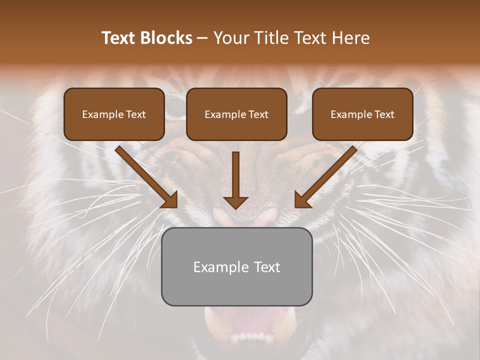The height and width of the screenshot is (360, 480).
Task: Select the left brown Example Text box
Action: (114, 114)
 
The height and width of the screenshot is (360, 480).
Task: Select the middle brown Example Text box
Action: (236, 114)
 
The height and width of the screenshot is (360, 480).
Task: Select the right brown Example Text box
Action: (362, 114)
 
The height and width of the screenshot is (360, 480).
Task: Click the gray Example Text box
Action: (236, 267)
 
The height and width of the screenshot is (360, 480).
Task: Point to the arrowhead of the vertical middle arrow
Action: (235, 202)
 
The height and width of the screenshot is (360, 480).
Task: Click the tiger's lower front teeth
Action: (250, 338)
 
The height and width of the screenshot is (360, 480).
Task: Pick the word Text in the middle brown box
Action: (258, 114)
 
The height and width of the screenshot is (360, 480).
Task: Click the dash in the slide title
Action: (202, 38)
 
